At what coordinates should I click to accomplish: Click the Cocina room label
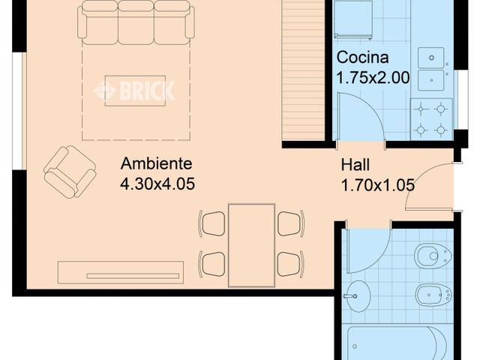(x=362, y=58)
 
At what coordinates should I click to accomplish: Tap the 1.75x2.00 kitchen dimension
(x=373, y=77)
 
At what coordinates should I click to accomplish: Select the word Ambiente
(x=156, y=163)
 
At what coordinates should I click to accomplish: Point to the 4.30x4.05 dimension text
(x=157, y=184)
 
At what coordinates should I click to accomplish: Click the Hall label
(x=355, y=165)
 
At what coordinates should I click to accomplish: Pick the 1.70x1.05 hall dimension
(x=378, y=185)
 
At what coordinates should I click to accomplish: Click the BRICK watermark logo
(x=134, y=91)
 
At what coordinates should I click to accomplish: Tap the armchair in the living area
(x=70, y=172)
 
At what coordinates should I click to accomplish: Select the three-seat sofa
(x=136, y=22)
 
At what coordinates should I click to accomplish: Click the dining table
(x=252, y=245)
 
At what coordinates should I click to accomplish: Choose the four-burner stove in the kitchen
(x=431, y=119)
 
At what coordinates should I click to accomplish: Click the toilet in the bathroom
(x=433, y=256)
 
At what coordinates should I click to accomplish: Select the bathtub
(x=398, y=343)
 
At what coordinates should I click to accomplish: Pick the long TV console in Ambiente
(x=121, y=272)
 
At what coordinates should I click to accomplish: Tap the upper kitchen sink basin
(x=431, y=58)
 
